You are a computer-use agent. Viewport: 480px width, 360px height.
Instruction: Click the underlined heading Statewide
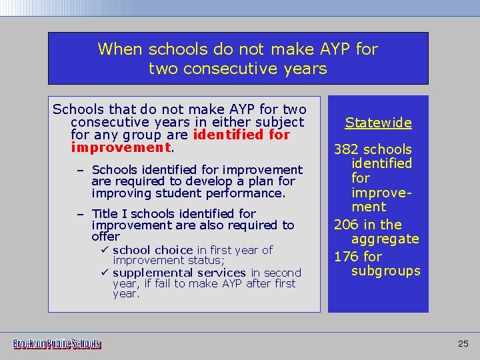point(378,123)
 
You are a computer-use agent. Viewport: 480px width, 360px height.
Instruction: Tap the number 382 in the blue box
point(347,149)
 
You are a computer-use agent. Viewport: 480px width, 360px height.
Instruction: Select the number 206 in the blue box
point(347,225)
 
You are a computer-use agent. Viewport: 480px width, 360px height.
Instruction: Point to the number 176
point(347,257)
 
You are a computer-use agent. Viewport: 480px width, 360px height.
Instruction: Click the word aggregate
point(385,239)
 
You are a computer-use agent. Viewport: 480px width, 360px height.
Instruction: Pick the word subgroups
point(386,271)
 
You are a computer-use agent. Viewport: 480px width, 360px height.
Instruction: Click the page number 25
point(463,344)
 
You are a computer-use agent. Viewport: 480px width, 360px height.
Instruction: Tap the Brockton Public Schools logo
point(57,344)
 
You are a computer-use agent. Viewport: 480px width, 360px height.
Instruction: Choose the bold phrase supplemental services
point(179,273)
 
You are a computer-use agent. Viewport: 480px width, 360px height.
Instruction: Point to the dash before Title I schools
point(80,214)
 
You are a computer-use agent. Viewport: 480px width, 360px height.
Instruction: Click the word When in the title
point(121,49)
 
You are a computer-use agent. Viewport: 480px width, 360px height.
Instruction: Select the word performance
point(247,193)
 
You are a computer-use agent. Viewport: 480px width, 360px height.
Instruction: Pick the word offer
point(105,237)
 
